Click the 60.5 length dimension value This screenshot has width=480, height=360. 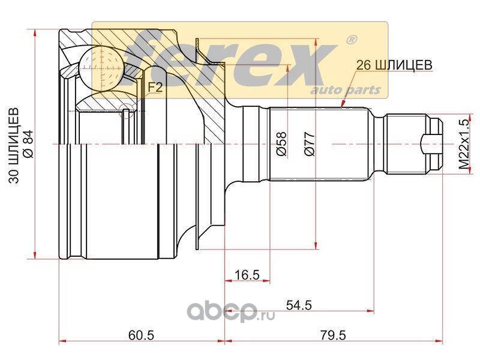coord(141,335)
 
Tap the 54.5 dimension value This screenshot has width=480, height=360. coord(298,305)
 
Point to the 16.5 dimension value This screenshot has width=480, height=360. coord(247,274)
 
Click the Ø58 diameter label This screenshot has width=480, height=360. coord(281,144)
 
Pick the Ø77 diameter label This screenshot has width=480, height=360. coord(310,144)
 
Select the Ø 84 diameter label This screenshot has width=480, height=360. coord(29,144)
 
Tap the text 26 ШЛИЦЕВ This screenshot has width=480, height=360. coord(394,65)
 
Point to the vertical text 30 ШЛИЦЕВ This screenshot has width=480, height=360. coord(14,145)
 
